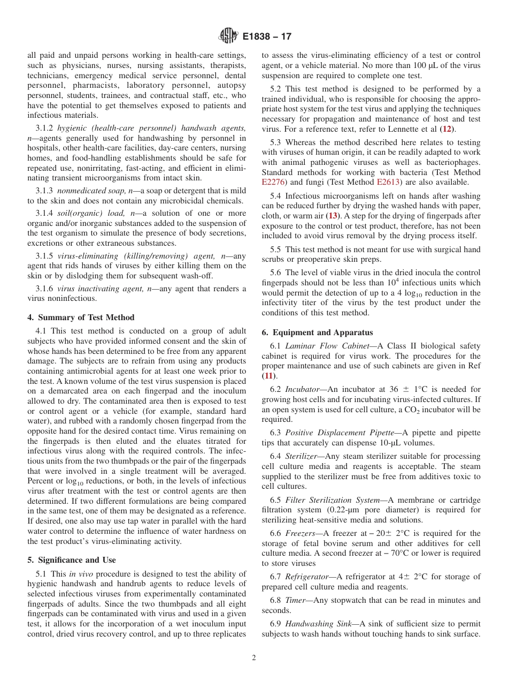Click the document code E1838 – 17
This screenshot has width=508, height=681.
pyautogui.click(x=267, y=37)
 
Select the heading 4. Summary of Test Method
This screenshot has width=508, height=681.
pyautogui.click(x=81, y=317)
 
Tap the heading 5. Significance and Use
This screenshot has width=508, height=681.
pyautogui.click(x=72, y=560)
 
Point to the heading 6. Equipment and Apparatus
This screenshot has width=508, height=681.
pyautogui.click(x=317, y=332)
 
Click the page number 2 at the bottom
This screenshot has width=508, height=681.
pyautogui.click(x=254, y=658)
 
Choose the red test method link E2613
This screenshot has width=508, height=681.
pyautogui.click(x=387, y=182)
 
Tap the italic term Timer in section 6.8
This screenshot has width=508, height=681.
pyautogui.click(x=295, y=600)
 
